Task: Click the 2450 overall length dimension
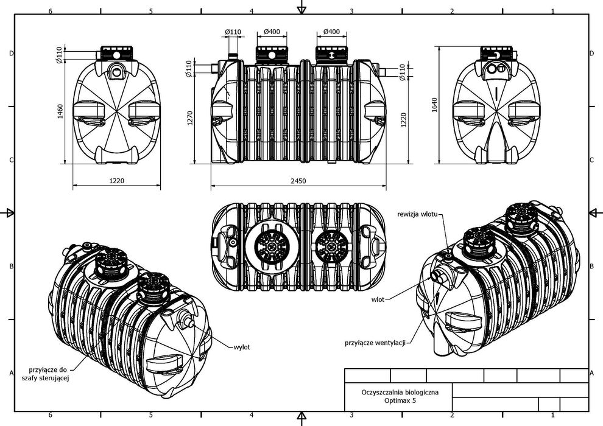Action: [298, 181]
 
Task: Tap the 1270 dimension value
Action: [189, 117]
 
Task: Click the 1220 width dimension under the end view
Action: [116, 181]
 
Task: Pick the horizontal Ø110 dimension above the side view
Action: [232, 32]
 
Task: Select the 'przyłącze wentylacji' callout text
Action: [375, 343]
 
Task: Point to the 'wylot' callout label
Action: [242, 347]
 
